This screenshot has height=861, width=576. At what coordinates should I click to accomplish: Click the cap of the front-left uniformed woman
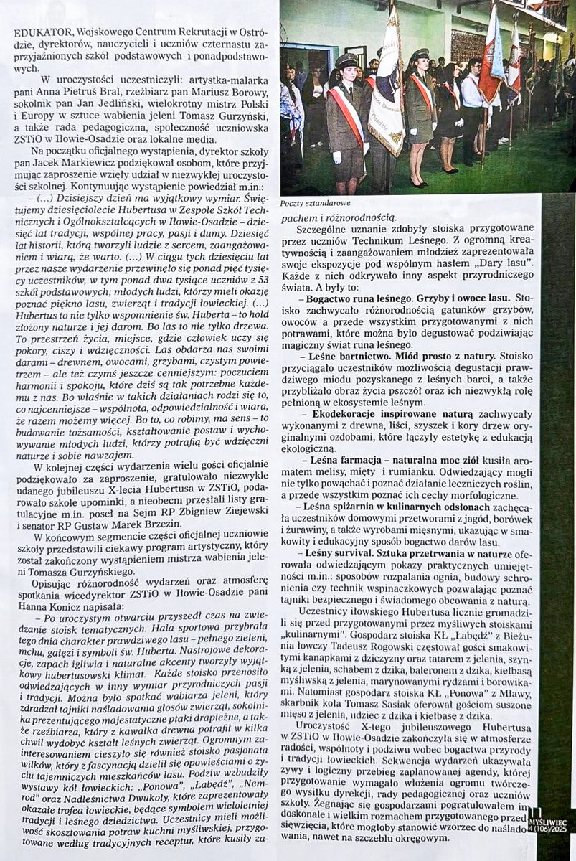click(346, 60)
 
